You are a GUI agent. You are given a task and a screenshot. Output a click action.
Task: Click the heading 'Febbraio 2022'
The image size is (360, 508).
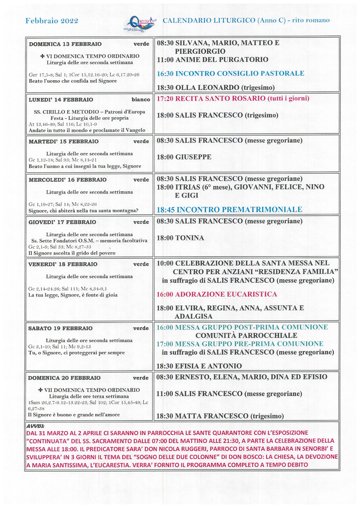coord(52,21)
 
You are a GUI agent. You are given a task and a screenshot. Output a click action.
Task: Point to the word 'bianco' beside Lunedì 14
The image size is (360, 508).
coord(141,100)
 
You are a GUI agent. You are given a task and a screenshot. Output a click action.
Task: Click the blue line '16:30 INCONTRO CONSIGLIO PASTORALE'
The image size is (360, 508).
coord(230,74)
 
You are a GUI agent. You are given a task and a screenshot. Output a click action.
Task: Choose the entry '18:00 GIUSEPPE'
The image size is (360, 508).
coord(184,157)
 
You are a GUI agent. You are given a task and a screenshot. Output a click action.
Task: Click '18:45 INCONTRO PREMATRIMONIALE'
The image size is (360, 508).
coord(229,210)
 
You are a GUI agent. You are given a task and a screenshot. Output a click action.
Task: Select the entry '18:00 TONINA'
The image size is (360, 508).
coord(180,238)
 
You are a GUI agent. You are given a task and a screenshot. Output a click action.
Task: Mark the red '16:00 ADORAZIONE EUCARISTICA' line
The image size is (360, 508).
coord(217,294)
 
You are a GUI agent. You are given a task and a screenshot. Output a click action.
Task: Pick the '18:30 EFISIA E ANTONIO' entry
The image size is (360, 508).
coord(199,366)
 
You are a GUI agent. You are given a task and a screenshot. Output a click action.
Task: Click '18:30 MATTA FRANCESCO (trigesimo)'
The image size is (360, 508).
coord(220,416)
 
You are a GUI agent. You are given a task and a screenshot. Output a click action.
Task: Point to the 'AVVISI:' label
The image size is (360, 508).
coord(35,426)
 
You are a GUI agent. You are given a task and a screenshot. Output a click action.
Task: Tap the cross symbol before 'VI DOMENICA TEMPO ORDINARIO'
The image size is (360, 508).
coord(43,56)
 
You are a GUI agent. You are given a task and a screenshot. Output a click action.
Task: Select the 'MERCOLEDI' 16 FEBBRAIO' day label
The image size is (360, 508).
coord(68,180)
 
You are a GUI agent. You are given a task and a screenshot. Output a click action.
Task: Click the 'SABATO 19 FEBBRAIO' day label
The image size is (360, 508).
coord(60,328)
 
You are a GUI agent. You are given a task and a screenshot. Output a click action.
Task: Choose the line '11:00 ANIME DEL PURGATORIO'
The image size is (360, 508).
coord(212,60)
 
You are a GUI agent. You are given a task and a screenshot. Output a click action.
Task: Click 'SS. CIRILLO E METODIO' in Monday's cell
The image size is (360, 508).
coord(66,112)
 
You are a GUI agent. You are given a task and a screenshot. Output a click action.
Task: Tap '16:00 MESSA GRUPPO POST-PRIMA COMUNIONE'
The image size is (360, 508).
coord(242,327)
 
